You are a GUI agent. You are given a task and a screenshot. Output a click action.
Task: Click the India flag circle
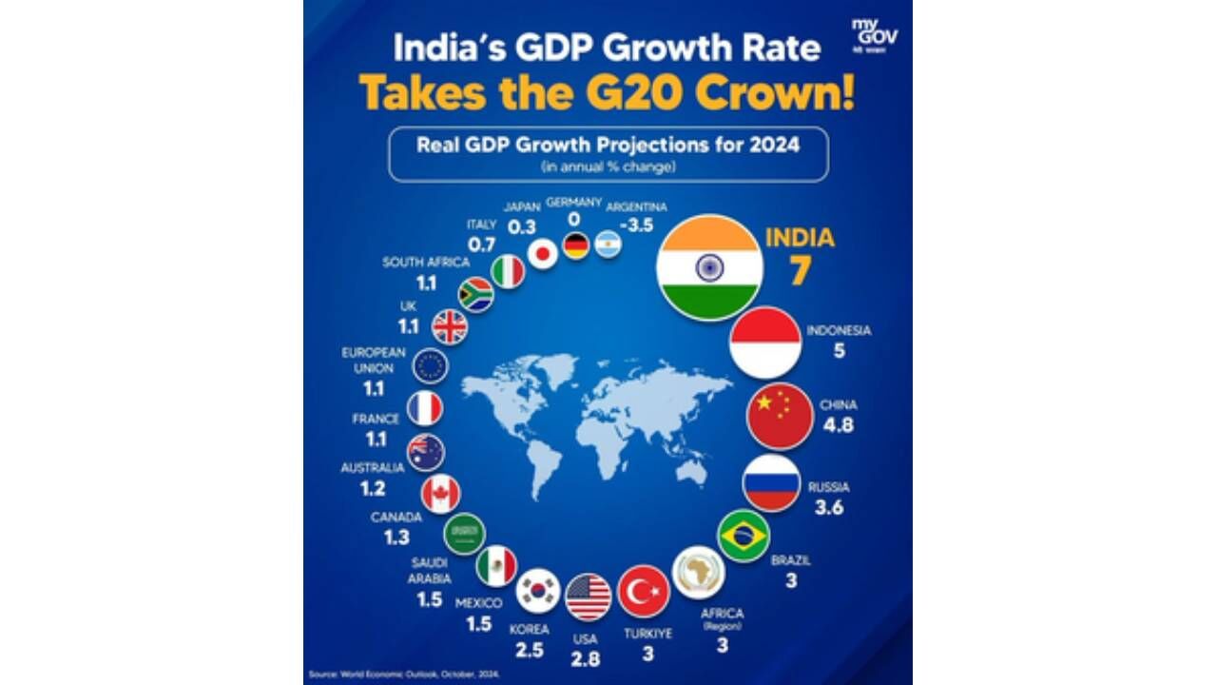[709, 267]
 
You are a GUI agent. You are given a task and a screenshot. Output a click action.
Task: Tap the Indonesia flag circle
[765, 342]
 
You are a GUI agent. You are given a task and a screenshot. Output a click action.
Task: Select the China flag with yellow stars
[780, 415]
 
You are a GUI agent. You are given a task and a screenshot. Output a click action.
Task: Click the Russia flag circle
[770, 482]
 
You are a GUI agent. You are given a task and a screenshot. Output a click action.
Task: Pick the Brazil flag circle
[743, 537]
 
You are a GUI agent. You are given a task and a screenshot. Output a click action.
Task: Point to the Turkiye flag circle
[644, 592]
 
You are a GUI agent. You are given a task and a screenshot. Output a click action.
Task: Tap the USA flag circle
[588, 597]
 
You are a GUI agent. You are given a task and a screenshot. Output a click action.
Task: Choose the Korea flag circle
[537, 591]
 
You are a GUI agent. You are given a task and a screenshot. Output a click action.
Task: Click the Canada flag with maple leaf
[440, 494]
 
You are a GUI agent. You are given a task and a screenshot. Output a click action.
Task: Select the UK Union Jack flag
[450, 327]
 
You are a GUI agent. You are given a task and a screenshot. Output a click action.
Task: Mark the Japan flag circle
[542, 254]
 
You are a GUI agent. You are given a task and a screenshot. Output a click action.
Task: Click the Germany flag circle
[575, 246]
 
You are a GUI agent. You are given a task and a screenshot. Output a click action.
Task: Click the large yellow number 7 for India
[800, 270]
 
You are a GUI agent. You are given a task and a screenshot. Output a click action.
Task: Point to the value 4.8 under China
[838, 425]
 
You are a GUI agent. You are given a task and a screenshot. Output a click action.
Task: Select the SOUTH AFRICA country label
[426, 263]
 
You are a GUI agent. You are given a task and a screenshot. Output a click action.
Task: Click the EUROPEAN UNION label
[367, 359]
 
